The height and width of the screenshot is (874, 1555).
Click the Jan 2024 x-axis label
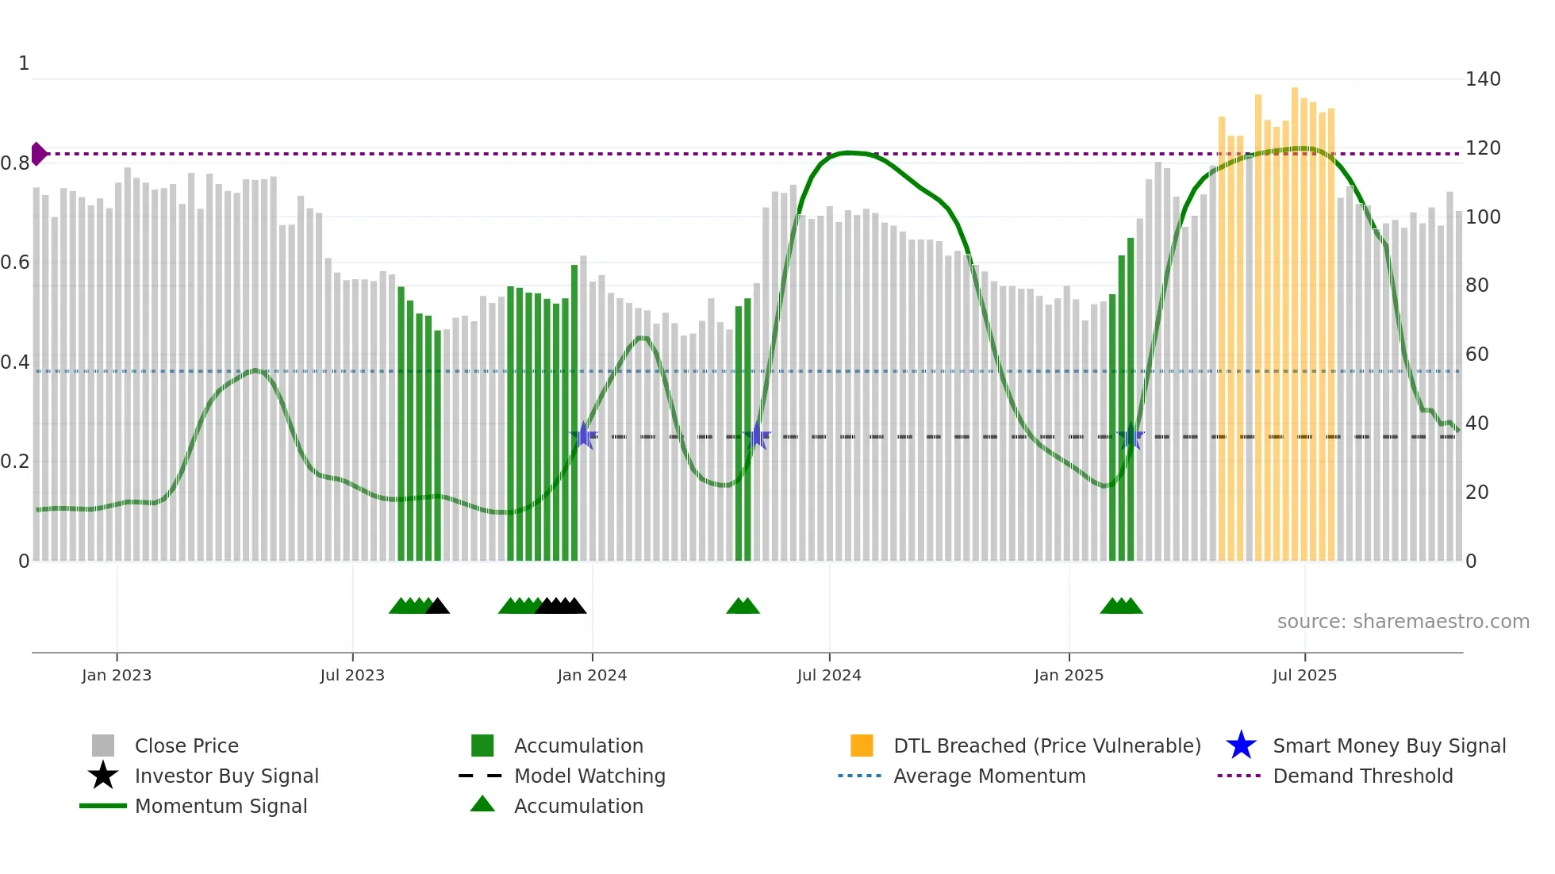tap(592, 675)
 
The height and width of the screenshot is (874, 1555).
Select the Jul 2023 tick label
tap(352, 675)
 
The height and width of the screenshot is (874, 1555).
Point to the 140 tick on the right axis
tap(1482, 79)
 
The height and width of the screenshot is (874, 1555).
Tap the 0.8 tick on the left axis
tap(15, 163)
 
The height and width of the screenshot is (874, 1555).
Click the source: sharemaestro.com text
tap(1403, 622)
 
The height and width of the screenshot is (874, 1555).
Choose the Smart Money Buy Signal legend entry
tap(1388, 746)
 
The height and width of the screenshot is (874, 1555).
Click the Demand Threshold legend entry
tap(1362, 776)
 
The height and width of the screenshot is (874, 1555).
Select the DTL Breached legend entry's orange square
tap(862, 746)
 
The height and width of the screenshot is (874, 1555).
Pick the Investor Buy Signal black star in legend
tap(103, 776)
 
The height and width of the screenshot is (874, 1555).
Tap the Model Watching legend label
tap(589, 776)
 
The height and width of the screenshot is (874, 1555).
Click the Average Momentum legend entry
tap(989, 776)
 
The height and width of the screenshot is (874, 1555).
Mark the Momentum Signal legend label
tap(221, 806)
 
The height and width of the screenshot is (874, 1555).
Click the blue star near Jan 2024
tap(584, 435)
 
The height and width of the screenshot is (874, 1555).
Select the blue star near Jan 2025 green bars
tap(1130, 436)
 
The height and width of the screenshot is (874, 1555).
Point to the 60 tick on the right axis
tap(1476, 355)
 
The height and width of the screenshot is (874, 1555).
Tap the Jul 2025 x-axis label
tap(1304, 675)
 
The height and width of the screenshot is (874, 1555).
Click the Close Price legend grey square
tap(103, 746)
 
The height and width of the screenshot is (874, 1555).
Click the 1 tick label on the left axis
tap(24, 63)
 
